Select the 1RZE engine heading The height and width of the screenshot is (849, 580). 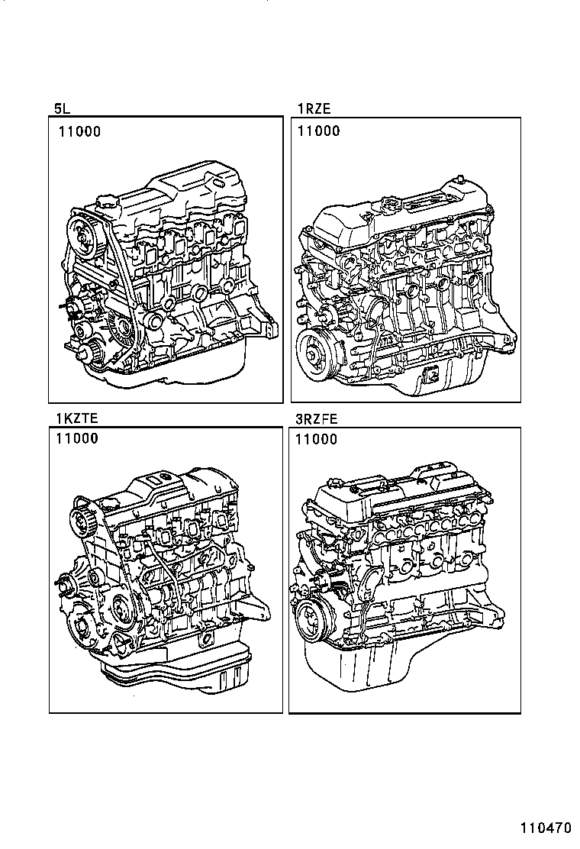pos(314,109)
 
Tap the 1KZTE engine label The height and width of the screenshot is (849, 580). pos(76,418)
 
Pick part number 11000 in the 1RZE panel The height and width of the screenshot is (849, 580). pos(318,131)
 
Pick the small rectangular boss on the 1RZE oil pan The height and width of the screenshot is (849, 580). pos(430,376)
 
